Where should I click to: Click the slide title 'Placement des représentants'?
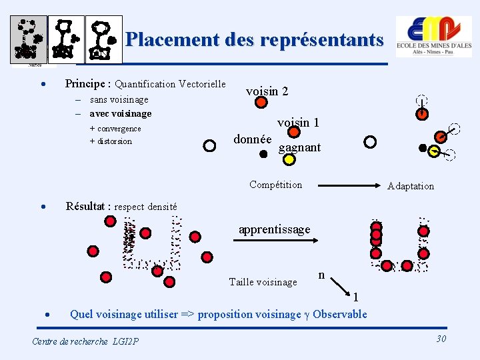[x=254, y=39]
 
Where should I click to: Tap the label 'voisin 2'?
[x=267, y=91]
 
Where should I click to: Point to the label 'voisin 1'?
[x=298, y=123]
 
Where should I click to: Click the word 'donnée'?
[x=252, y=139]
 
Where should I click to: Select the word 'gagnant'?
[x=299, y=147]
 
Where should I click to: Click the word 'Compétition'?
[x=275, y=185]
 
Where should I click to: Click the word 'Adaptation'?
[x=410, y=186]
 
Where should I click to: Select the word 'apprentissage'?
[x=274, y=229]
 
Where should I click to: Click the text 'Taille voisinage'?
[x=262, y=282]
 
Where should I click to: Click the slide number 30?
[x=441, y=339]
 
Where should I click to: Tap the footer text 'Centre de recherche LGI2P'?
[x=85, y=341]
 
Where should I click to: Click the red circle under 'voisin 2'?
[x=261, y=103]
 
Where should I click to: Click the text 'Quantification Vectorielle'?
[x=170, y=85]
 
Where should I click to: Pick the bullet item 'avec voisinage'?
[x=120, y=113]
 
